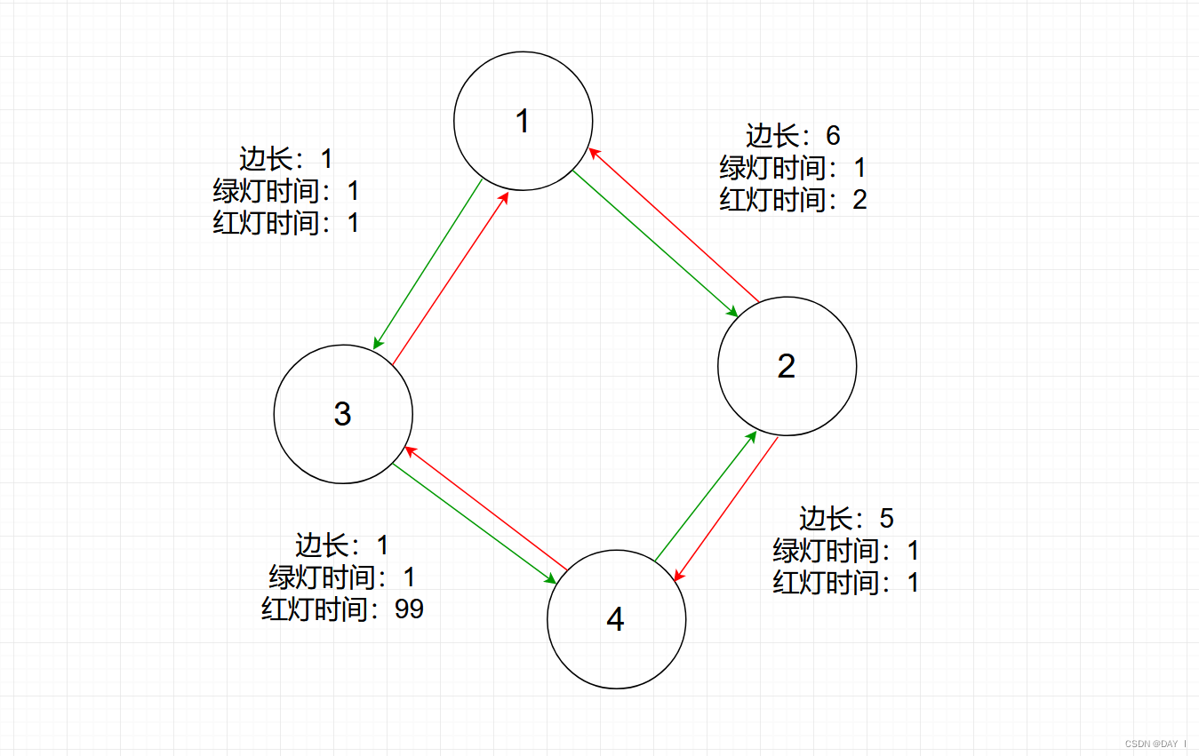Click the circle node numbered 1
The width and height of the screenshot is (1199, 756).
523,121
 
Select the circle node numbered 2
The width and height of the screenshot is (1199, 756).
787,366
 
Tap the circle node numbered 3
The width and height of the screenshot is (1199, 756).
343,414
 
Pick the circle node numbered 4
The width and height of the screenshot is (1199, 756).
616,619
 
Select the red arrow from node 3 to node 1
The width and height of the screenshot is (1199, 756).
451,276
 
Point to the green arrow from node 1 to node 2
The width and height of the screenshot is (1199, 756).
655,243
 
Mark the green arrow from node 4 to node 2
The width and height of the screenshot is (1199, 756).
706,496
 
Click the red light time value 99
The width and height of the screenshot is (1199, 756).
410,609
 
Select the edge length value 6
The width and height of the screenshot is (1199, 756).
833,136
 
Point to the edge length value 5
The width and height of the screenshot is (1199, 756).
886,519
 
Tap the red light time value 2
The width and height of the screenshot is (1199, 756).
859,200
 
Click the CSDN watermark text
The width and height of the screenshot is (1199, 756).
1155,743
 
